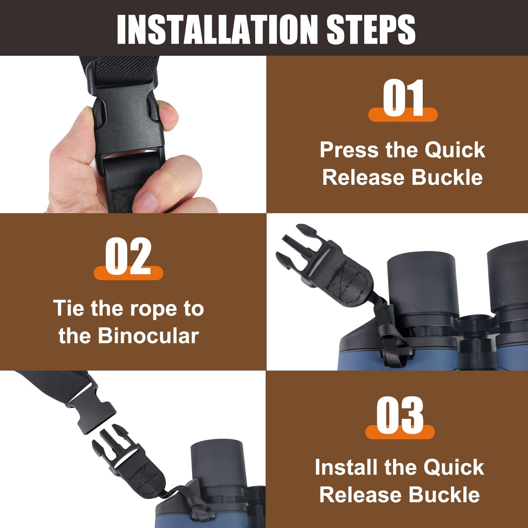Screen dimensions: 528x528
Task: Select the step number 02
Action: coord(128,256)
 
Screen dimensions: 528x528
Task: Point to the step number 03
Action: coord(400,415)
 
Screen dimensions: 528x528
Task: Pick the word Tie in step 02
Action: coord(69,308)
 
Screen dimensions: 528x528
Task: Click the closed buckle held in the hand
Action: coord(128,121)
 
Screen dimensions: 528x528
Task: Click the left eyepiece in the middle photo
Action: coord(422,285)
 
